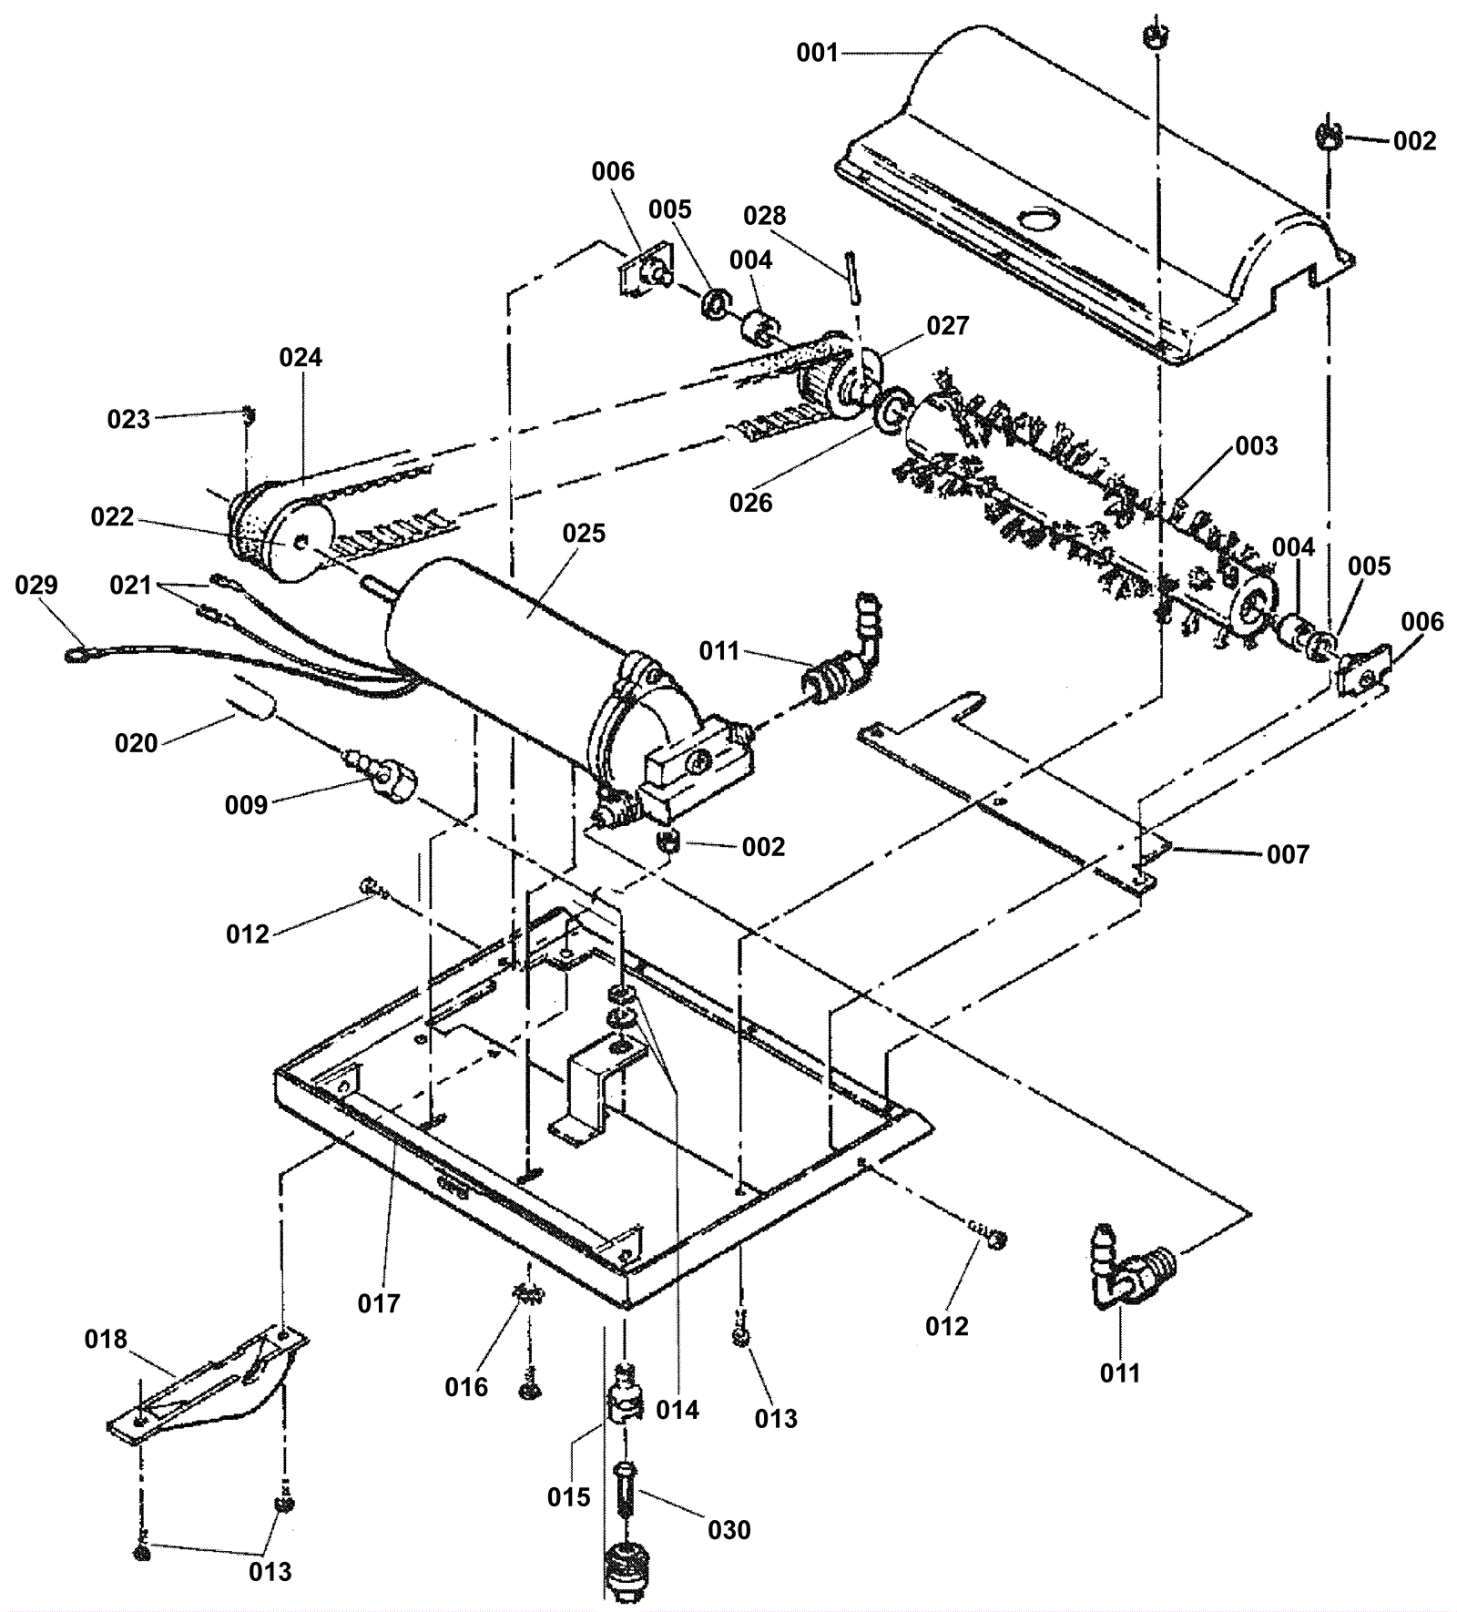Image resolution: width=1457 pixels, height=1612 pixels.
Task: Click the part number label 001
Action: coord(817,53)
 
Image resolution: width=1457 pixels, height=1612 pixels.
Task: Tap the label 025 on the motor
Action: coord(584,533)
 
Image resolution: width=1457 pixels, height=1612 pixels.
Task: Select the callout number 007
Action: coord(1288,854)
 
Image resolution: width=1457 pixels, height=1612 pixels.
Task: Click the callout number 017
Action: coord(379,1303)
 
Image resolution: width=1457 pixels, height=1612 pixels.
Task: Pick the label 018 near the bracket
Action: coord(107,1340)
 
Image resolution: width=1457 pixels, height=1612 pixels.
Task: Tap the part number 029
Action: coord(36,585)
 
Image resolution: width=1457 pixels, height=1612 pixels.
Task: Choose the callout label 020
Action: coord(137,743)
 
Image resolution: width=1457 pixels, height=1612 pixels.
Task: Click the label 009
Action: coord(246,805)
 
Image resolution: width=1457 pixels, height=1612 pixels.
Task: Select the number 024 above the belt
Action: coord(301,357)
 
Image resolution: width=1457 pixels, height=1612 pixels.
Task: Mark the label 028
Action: coord(765,216)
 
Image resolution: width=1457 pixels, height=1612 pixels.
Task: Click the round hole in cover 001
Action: coord(1034,219)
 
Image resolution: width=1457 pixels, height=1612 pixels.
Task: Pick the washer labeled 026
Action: coord(890,406)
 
